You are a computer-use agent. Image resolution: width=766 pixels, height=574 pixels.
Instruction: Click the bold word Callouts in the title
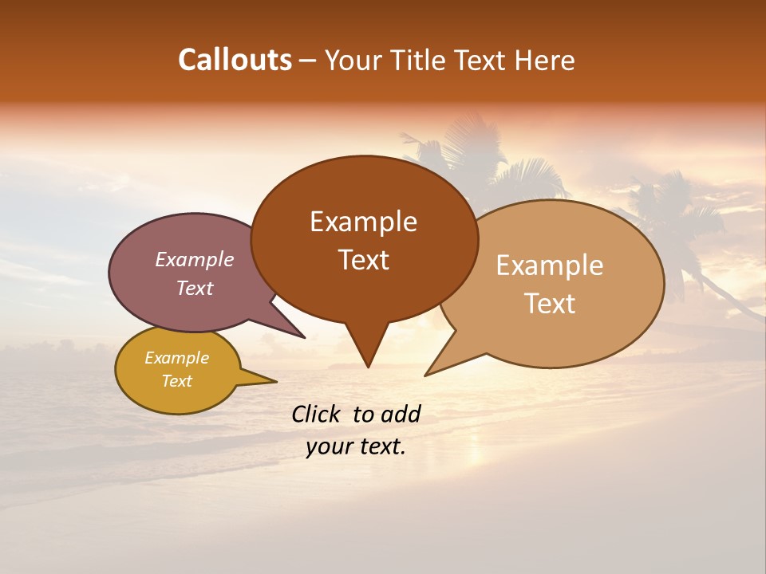pyautogui.click(x=235, y=60)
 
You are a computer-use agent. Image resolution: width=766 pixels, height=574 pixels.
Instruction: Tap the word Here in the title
pyautogui.click(x=546, y=60)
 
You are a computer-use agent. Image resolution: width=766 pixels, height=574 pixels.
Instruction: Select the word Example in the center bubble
pyautogui.click(x=363, y=222)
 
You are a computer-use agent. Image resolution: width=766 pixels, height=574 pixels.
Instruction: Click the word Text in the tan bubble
pyautogui.click(x=550, y=304)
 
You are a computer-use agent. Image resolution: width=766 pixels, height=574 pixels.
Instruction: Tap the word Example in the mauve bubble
pyautogui.click(x=194, y=259)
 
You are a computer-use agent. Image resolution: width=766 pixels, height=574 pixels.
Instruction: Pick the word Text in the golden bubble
pyautogui.click(x=176, y=381)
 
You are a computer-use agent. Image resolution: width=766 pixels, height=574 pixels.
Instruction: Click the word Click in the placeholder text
pyautogui.click(x=317, y=414)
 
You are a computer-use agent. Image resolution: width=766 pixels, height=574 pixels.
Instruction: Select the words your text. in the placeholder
pyautogui.click(x=356, y=446)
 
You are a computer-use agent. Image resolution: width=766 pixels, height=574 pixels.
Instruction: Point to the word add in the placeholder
pyautogui.click(x=401, y=414)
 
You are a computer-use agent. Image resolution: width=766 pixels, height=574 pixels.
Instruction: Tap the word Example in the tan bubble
pyautogui.click(x=550, y=265)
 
